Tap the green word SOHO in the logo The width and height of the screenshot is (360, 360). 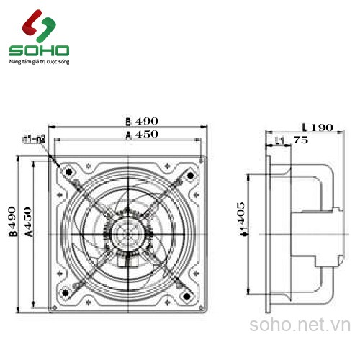[39, 51]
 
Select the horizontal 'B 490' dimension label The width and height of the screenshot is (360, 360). [141, 121]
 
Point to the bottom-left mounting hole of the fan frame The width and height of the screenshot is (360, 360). [66, 292]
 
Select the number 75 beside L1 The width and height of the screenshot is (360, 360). [300, 141]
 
